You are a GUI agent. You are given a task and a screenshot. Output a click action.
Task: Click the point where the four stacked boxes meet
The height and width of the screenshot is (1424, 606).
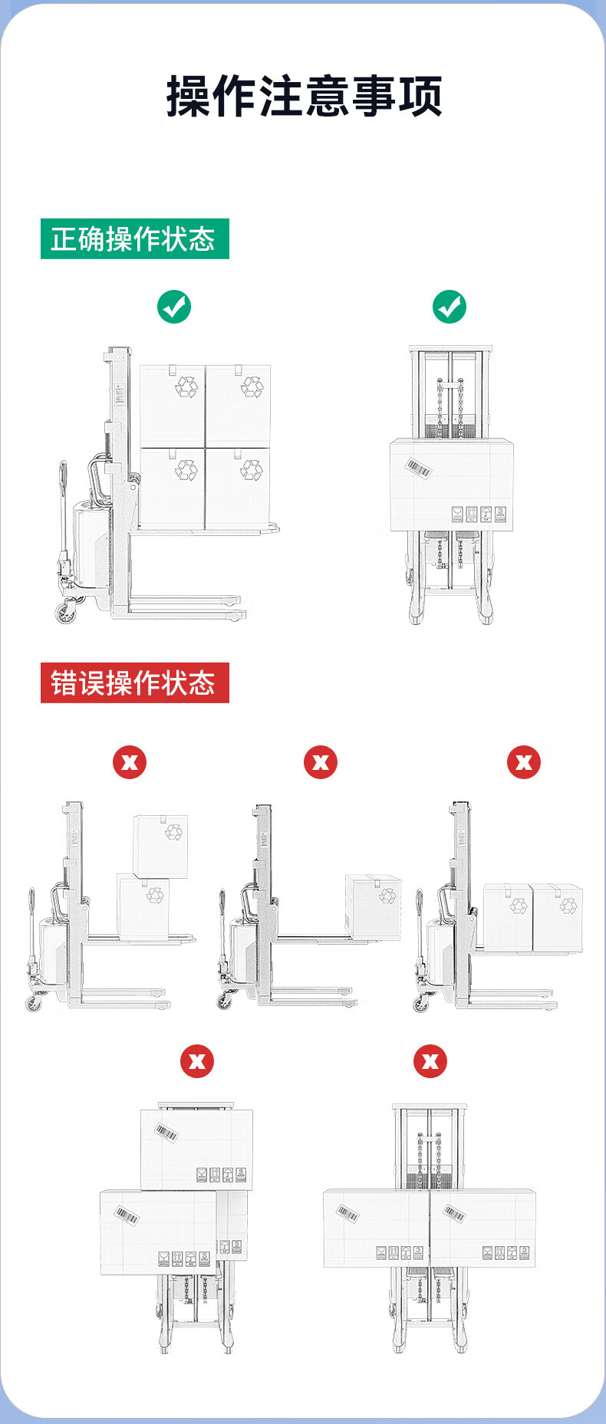click(x=206, y=448)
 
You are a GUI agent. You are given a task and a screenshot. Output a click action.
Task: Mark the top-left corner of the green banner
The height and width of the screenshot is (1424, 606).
click(x=41, y=219)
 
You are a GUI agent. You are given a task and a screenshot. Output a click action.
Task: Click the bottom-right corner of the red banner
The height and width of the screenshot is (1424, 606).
click(x=229, y=702)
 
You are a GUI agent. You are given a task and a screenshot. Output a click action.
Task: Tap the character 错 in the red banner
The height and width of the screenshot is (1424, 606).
click(x=64, y=682)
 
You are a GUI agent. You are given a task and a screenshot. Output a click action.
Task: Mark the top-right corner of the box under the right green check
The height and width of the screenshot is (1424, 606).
click(x=512, y=439)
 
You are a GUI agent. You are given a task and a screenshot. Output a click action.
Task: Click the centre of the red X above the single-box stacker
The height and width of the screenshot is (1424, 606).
click(x=321, y=762)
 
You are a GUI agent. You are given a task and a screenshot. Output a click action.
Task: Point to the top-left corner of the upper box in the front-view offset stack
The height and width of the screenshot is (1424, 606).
click(x=141, y=1110)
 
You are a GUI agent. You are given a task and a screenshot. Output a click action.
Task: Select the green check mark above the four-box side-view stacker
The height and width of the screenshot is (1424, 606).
click(x=174, y=307)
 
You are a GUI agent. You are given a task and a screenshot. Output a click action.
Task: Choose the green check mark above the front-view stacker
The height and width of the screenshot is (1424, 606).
click(x=450, y=307)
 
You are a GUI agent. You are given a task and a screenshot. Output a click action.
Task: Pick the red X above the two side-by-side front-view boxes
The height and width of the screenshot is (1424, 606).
click(x=430, y=1061)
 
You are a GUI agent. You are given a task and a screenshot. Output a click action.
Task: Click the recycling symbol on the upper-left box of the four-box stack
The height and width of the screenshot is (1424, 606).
click(x=186, y=386)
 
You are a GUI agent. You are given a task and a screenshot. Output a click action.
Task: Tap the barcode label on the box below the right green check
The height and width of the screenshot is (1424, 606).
click(x=419, y=469)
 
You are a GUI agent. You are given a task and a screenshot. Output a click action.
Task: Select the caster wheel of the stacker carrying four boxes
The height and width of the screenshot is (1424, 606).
click(x=65, y=612)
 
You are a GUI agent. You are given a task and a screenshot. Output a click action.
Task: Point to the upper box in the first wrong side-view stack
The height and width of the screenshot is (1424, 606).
click(x=160, y=847)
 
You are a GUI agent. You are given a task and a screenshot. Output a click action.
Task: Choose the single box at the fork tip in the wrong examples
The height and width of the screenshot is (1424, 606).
click(x=373, y=908)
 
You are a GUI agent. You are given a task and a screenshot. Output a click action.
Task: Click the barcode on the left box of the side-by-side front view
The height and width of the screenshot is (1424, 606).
click(x=347, y=1212)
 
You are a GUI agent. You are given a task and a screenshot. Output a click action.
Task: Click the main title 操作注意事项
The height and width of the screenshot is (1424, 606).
click(x=305, y=97)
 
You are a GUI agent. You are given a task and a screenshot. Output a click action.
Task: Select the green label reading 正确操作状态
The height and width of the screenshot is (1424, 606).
click(x=135, y=239)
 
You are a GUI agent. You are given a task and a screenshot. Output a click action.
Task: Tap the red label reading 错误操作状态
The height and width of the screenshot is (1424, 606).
click(x=135, y=682)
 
